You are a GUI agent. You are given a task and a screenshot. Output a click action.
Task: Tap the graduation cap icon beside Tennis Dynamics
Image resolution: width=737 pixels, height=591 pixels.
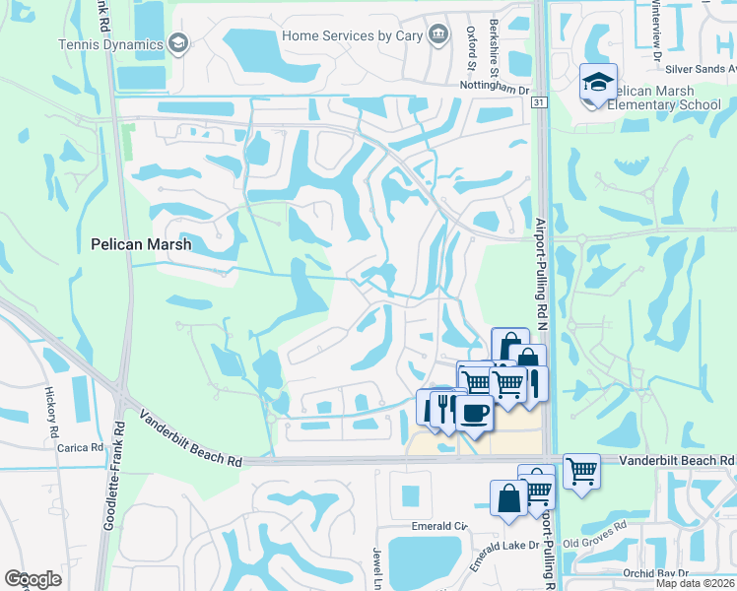click(177, 42)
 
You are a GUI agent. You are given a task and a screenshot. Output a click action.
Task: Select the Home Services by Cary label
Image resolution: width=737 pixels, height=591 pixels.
click(351, 35)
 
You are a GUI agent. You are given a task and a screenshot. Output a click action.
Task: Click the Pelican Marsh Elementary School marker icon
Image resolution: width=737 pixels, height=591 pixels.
click(598, 84)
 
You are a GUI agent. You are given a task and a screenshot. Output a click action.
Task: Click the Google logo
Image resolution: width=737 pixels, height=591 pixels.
click(33, 579)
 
